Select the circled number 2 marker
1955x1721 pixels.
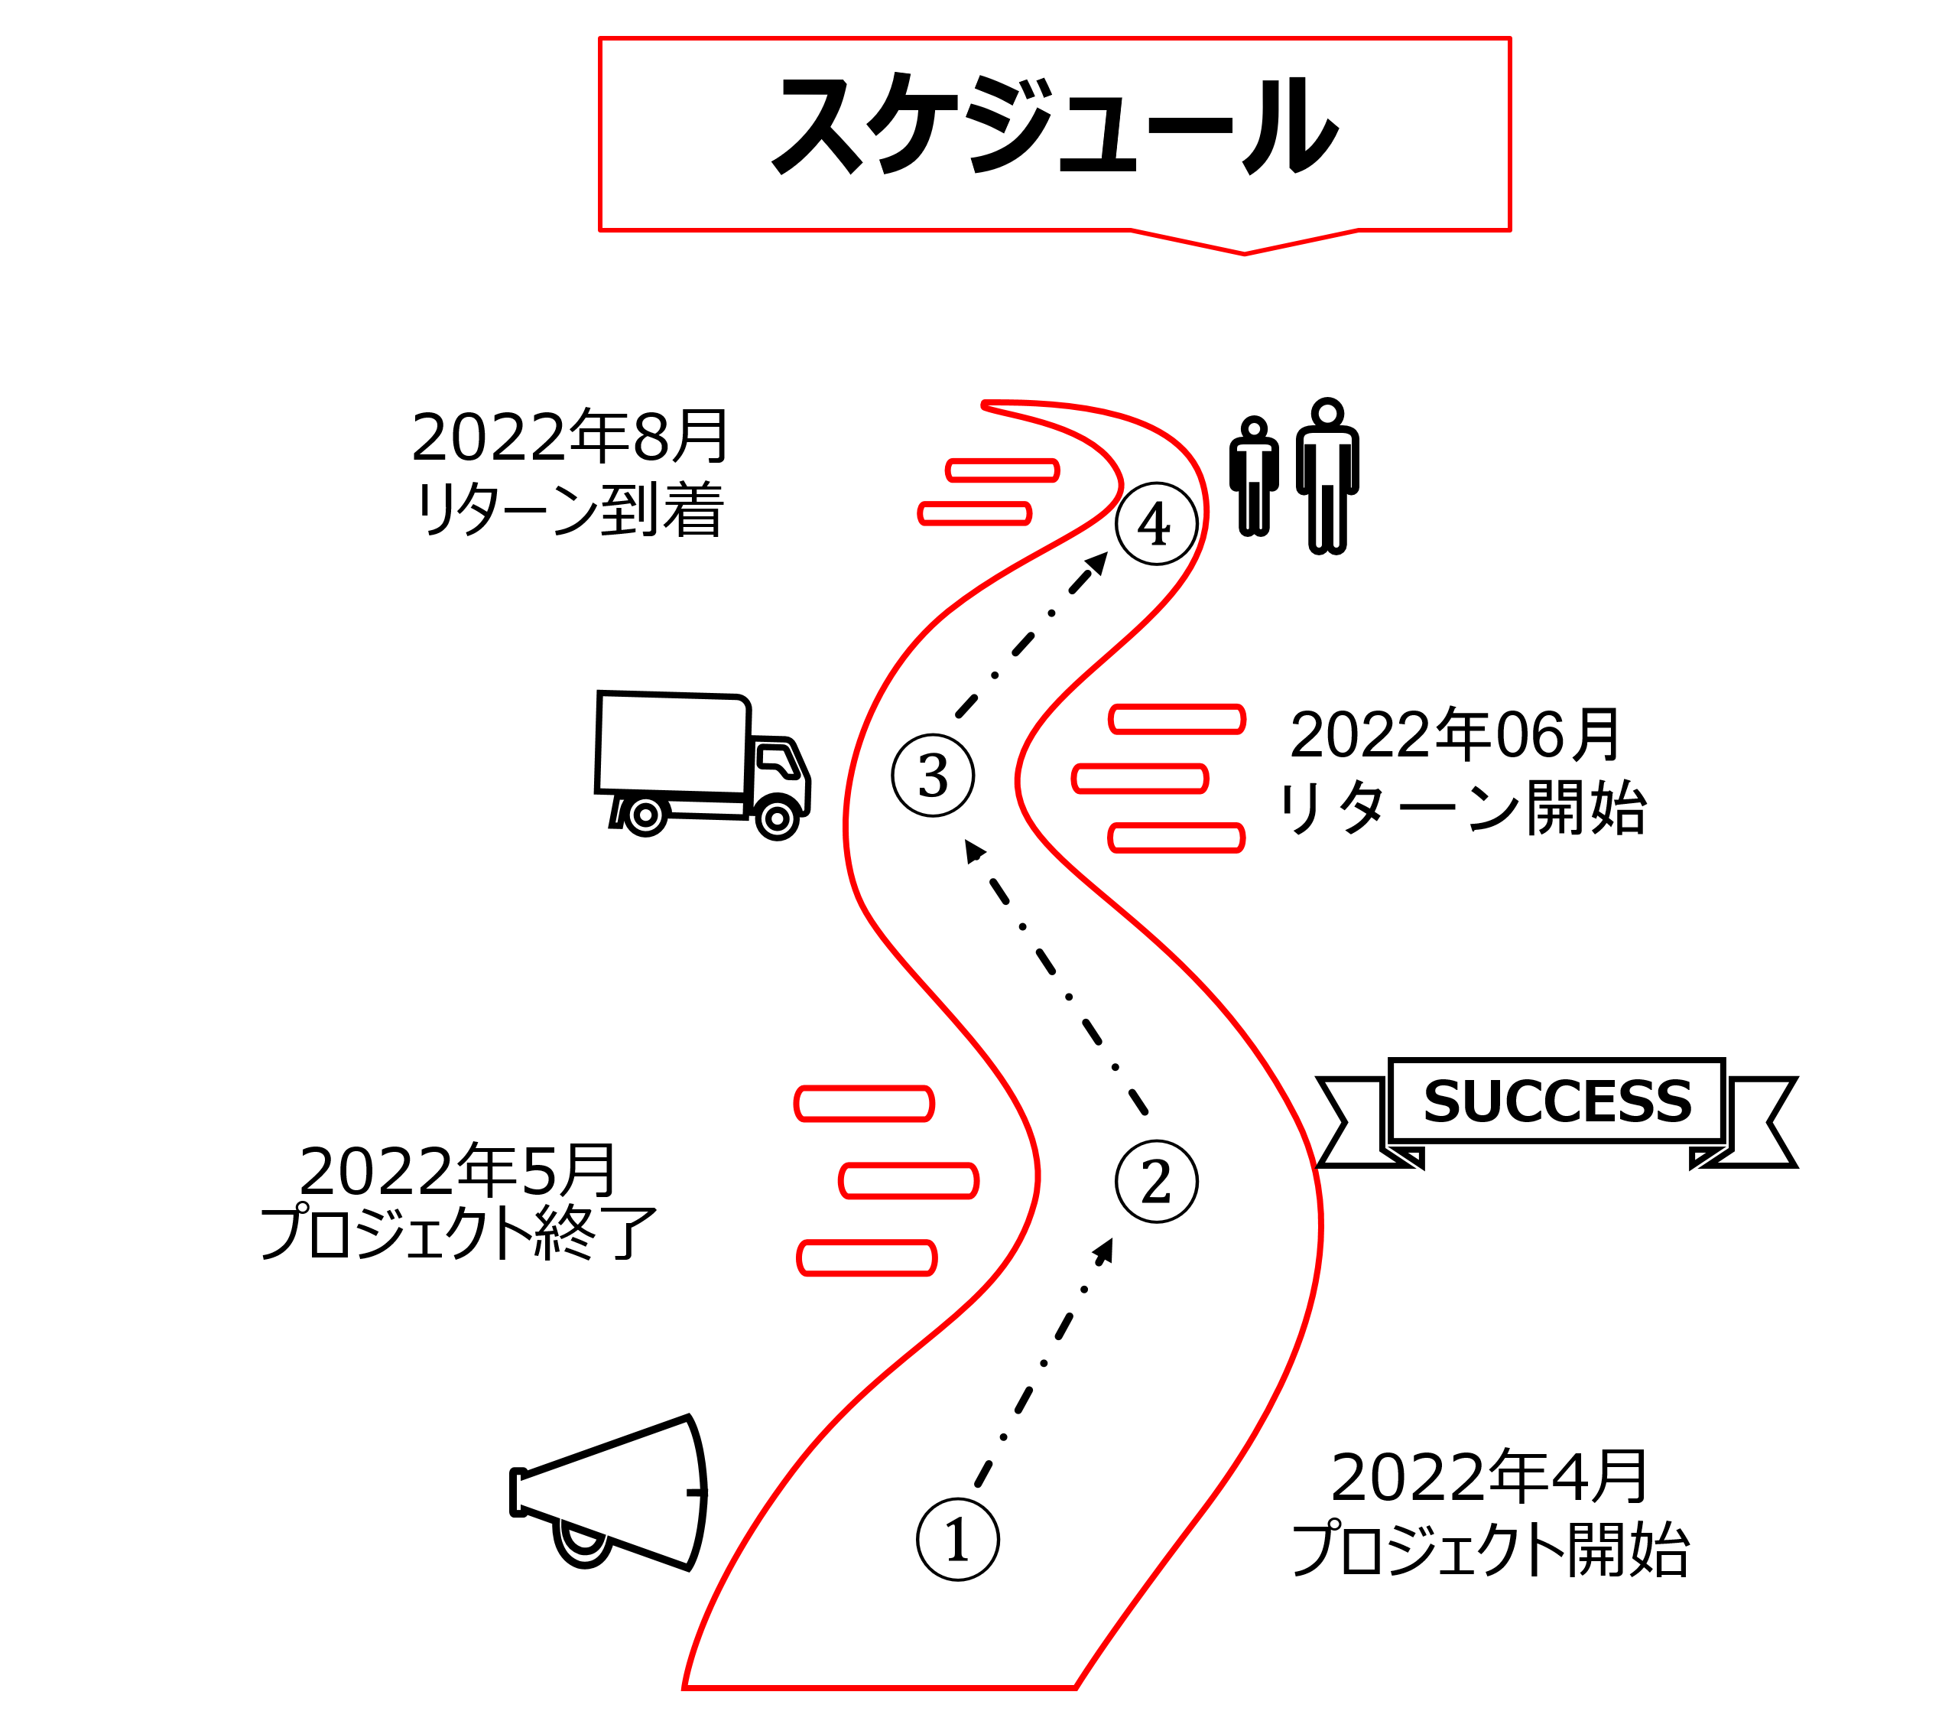(x=1156, y=1182)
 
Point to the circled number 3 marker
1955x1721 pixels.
(x=933, y=775)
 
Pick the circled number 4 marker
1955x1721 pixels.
(x=1156, y=523)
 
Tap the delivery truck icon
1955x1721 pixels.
(x=701, y=763)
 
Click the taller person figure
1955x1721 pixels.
(x=1327, y=476)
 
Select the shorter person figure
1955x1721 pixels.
(x=1254, y=477)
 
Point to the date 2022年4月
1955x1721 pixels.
(x=1489, y=1477)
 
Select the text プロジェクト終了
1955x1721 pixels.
(x=457, y=1234)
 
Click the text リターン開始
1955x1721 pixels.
(x=1460, y=808)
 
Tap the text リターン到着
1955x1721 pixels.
(x=570, y=510)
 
